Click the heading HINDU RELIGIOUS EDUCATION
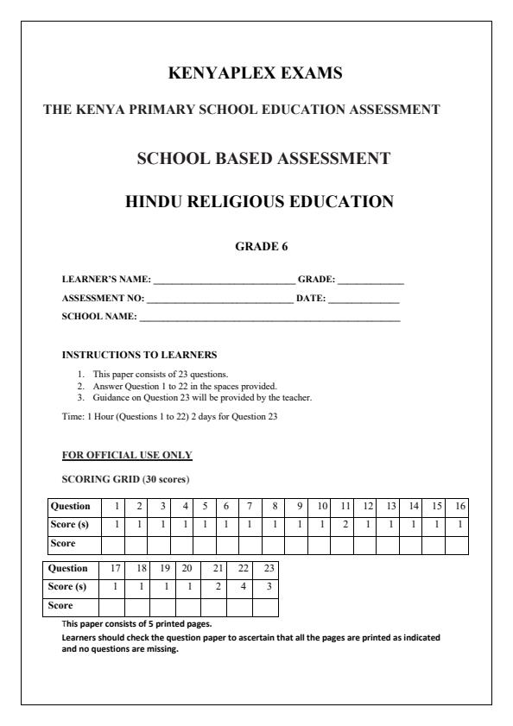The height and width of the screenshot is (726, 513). pos(259,202)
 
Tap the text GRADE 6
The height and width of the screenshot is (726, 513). pos(262,246)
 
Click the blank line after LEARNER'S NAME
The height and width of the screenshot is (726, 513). pos(224,281)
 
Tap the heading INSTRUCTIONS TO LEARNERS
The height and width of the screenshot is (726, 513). pos(139,355)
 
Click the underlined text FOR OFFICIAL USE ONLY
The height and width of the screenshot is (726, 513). pos(127,455)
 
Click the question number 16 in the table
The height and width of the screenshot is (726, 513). pos(460,506)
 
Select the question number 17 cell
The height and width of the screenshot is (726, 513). pos(116,568)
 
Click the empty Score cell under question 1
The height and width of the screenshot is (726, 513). pos(115,544)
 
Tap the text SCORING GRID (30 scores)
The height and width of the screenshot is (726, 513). pos(126,479)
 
